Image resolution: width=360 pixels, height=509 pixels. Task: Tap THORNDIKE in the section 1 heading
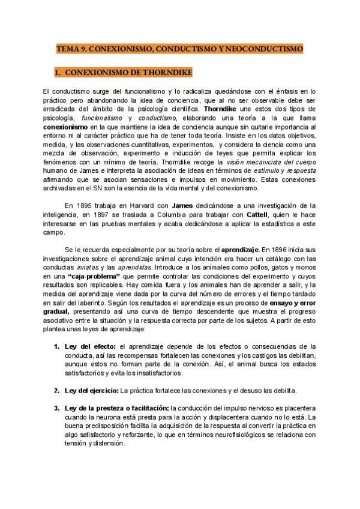(x=163, y=73)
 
